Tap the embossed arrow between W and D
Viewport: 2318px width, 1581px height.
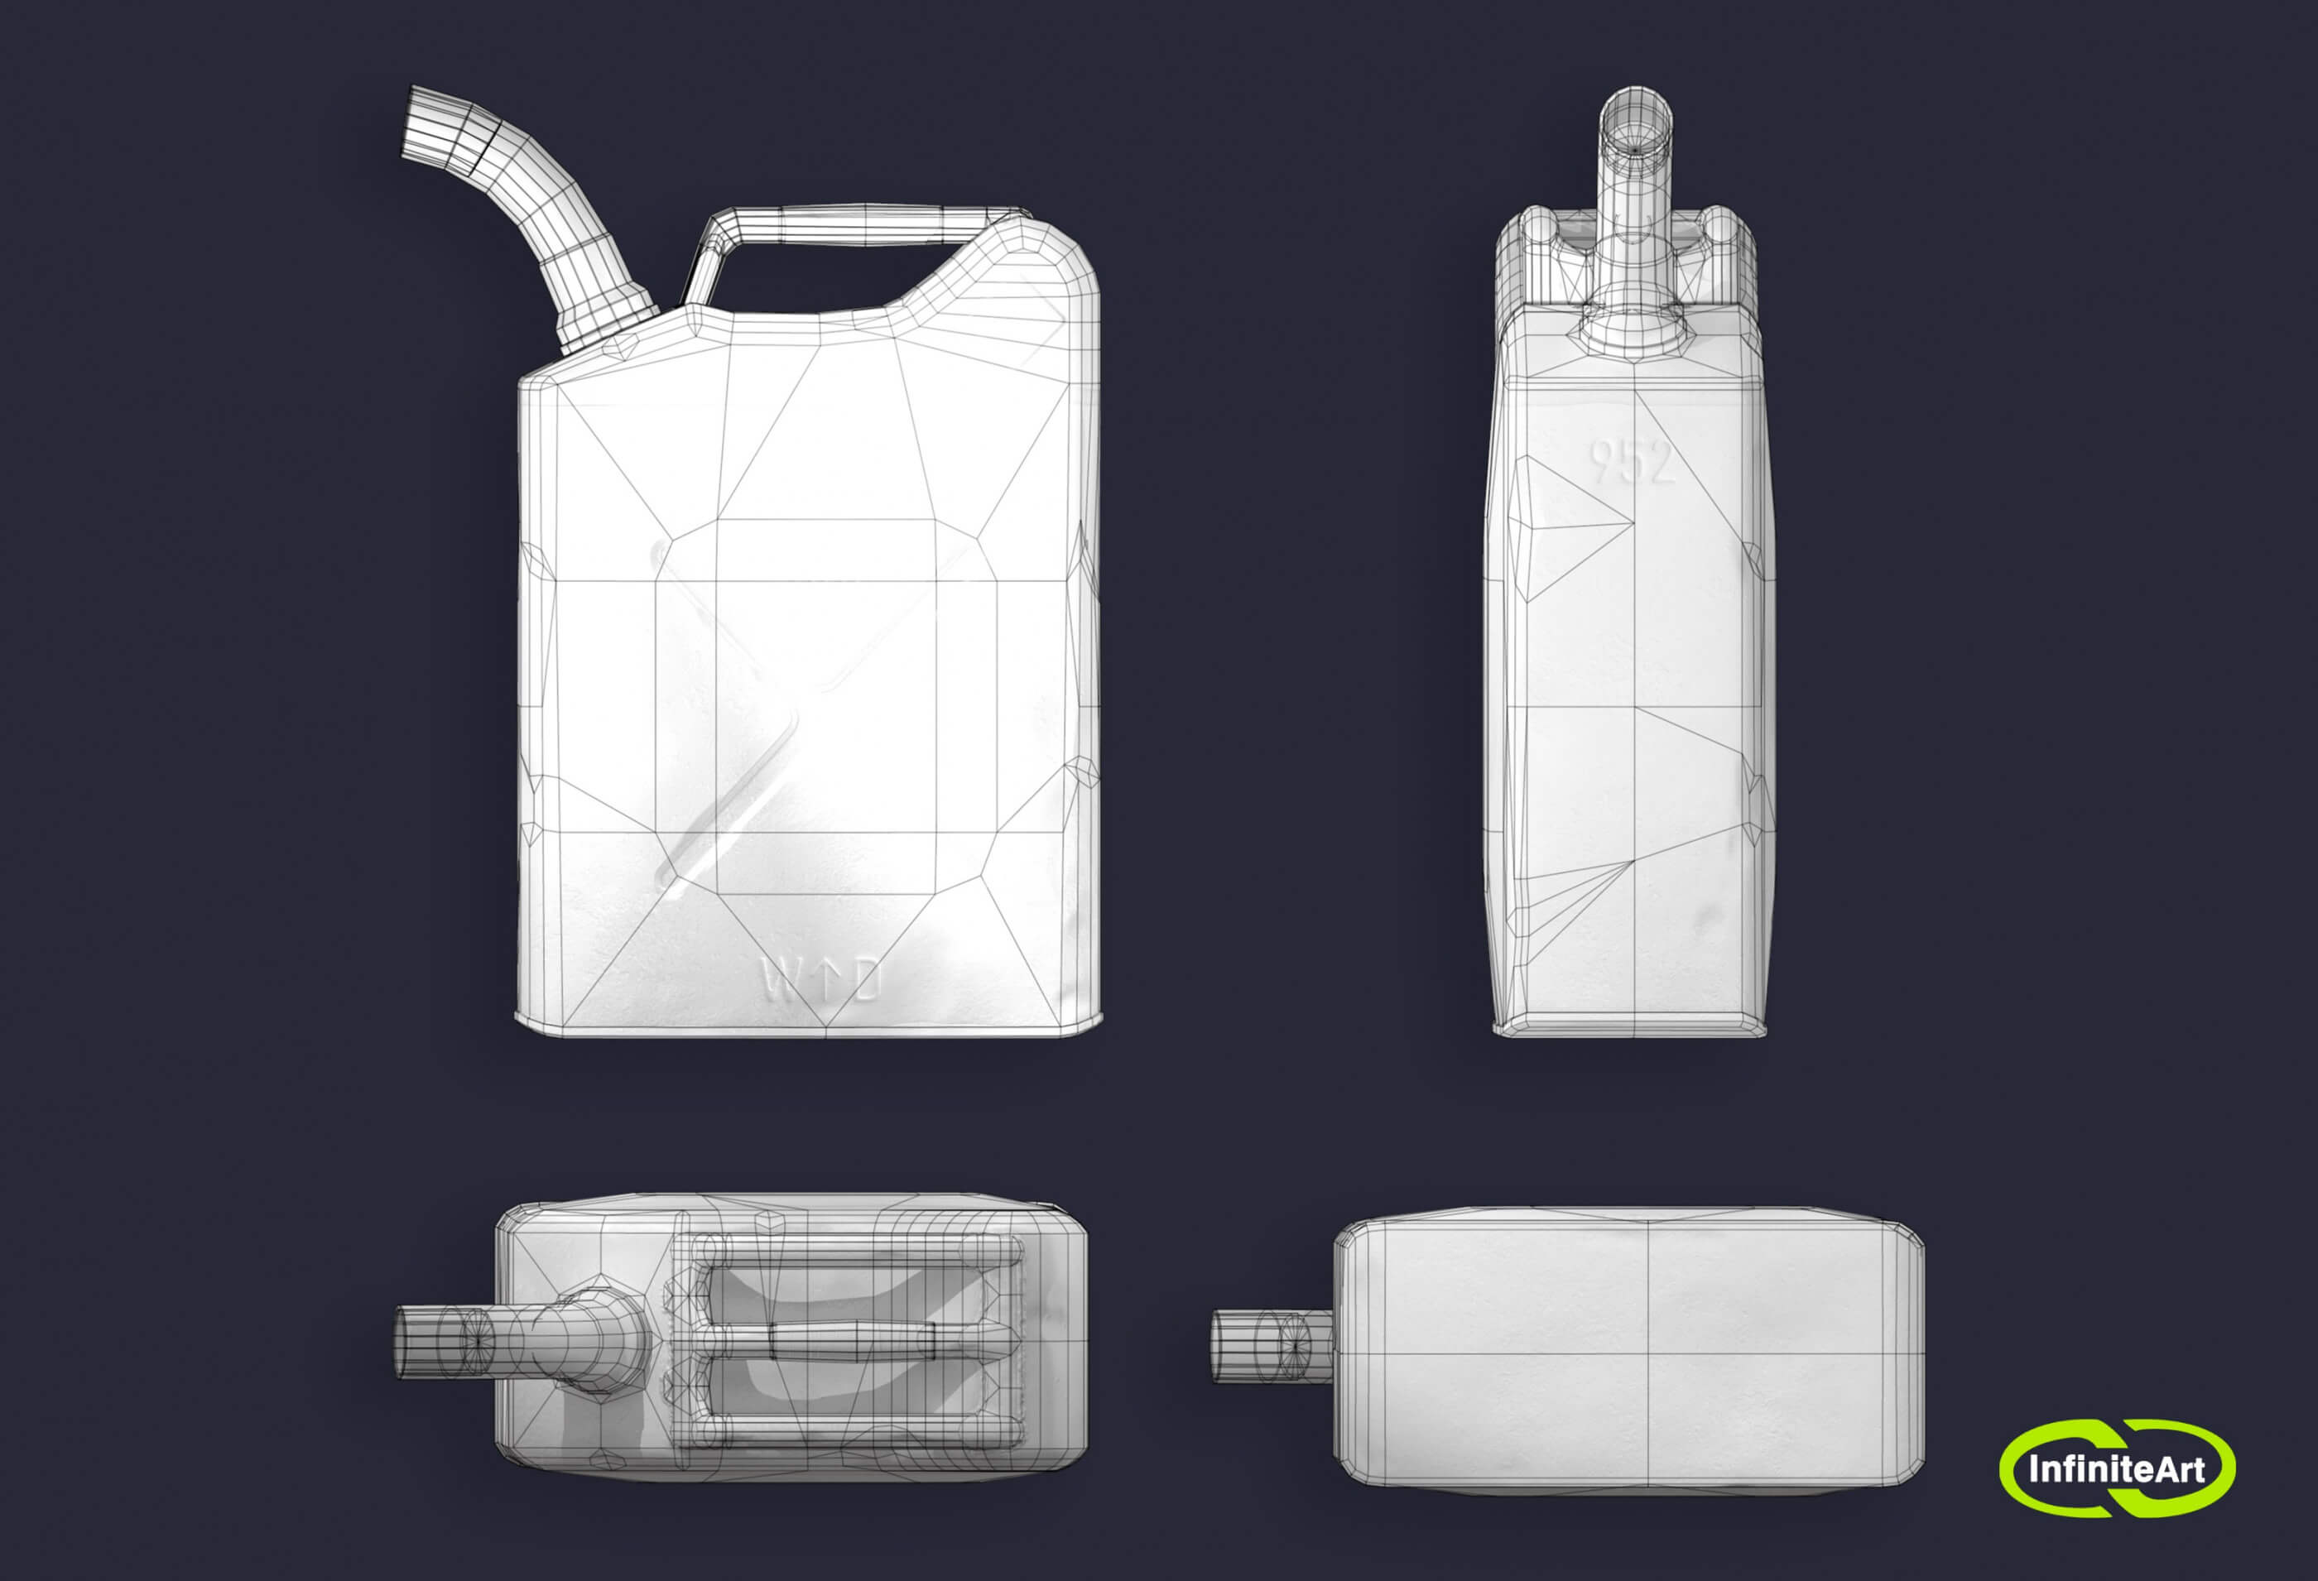tap(824, 978)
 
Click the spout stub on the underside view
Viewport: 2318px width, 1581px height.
tap(1272, 1346)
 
